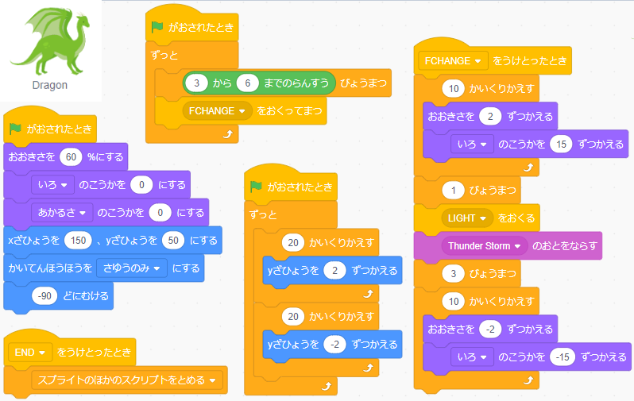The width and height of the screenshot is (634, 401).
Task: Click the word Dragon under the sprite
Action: click(x=49, y=85)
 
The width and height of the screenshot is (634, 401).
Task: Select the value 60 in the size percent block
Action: click(x=72, y=156)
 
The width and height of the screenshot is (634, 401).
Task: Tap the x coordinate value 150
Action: click(x=82, y=240)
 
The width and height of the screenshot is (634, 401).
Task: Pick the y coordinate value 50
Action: click(x=173, y=240)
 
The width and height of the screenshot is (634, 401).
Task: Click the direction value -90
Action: click(x=44, y=295)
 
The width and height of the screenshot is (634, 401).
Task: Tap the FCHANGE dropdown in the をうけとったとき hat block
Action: click(x=454, y=61)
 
